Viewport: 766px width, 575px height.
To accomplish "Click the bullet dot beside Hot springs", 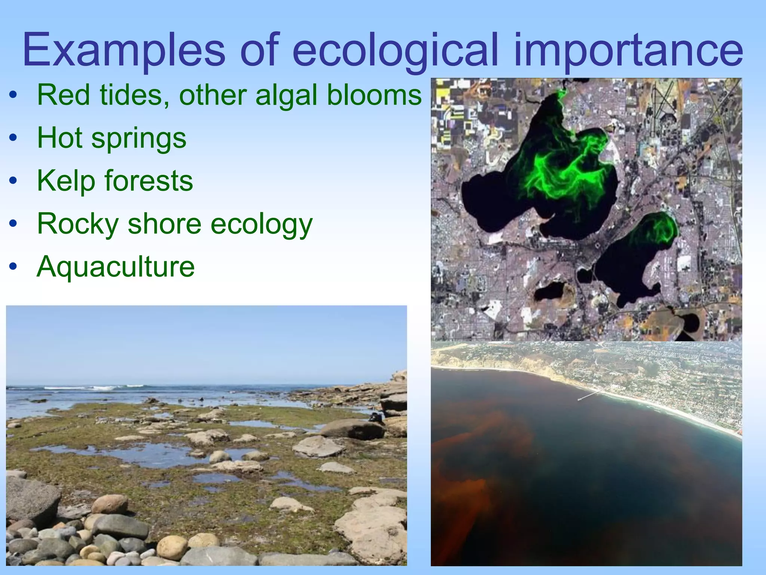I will pyautogui.click(x=13, y=138).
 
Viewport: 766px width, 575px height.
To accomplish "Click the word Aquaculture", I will pyautogui.click(x=116, y=267).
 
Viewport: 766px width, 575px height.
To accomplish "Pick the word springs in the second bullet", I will pyautogui.click(x=138, y=138).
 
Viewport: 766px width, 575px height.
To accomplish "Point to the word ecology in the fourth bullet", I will pyautogui.click(x=261, y=224).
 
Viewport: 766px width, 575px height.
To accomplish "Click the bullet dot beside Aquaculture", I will pyautogui.click(x=13, y=267).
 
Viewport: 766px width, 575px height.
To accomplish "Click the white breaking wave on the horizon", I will pyautogui.click(x=94, y=387).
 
